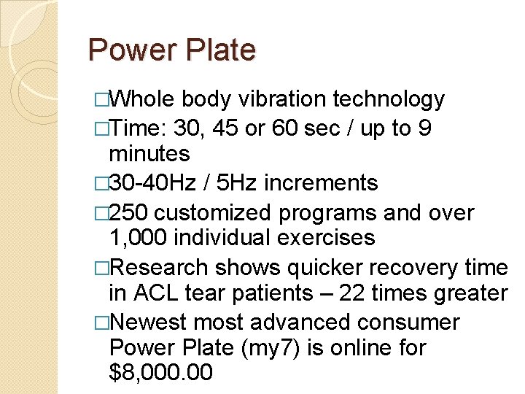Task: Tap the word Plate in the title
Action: tap(222, 50)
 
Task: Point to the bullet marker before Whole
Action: tap(101, 100)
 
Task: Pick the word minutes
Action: tap(149, 154)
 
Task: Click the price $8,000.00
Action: tap(160, 373)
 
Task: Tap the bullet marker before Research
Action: tap(101, 268)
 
